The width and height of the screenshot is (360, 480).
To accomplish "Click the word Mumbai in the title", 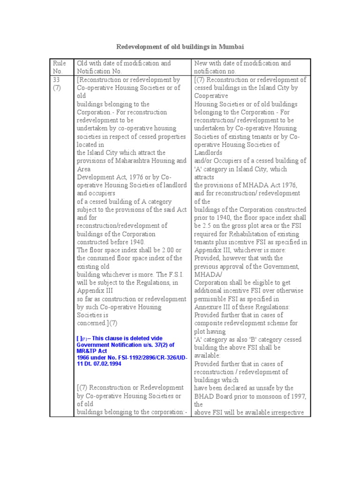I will click(232, 47).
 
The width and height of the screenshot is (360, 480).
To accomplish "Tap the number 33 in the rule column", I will click(57, 80).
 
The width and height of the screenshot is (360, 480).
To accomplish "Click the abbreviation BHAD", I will click(205, 396).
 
